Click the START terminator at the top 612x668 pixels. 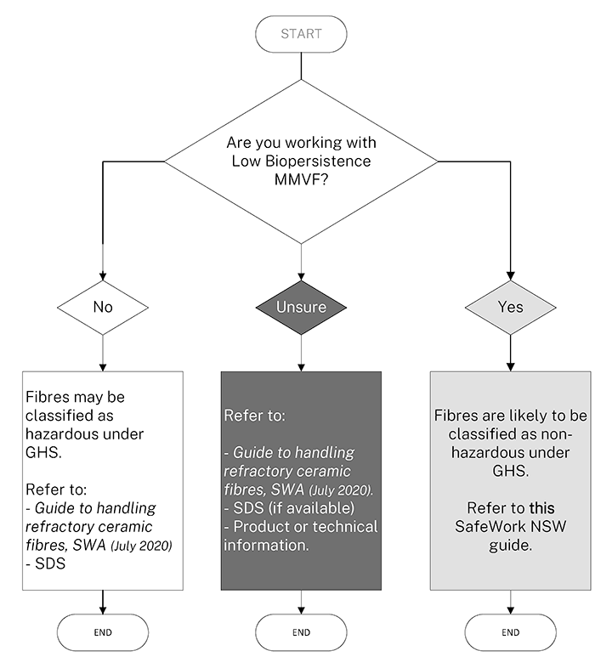(302, 34)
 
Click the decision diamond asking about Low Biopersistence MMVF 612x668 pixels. (302, 160)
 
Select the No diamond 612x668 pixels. (102, 306)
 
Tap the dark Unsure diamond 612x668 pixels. (302, 306)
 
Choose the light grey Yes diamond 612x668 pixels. (510, 306)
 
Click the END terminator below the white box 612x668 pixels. (102, 632)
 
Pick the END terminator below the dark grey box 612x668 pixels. (302, 632)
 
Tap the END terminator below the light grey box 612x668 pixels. (510, 632)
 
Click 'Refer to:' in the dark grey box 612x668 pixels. (254, 417)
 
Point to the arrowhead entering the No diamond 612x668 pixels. (102, 278)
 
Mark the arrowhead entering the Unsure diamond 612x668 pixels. (302, 278)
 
